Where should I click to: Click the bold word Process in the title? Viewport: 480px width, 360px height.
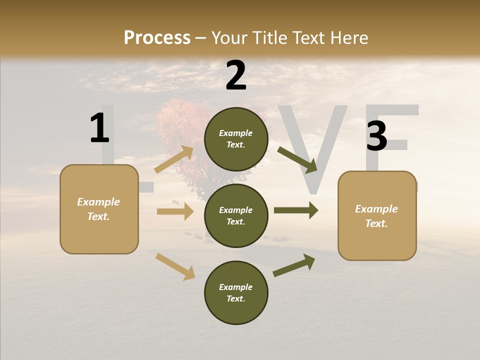[x=157, y=37]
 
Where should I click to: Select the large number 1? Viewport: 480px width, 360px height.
[x=99, y=128]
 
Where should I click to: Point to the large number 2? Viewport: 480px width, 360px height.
[x=236, y=75]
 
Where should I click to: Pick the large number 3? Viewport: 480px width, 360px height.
[x=376, y=136]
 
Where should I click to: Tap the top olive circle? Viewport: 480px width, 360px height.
[x=236, y=139]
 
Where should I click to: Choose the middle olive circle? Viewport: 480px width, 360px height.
[x=236, y=216]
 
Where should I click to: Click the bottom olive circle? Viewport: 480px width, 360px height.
[x=236, y=293]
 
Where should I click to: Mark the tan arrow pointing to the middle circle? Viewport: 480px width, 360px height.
[x=175, y=211]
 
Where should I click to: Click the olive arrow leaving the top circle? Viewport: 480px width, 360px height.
[x=297, y=159]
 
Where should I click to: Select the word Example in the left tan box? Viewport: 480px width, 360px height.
[x=98, y=202]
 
